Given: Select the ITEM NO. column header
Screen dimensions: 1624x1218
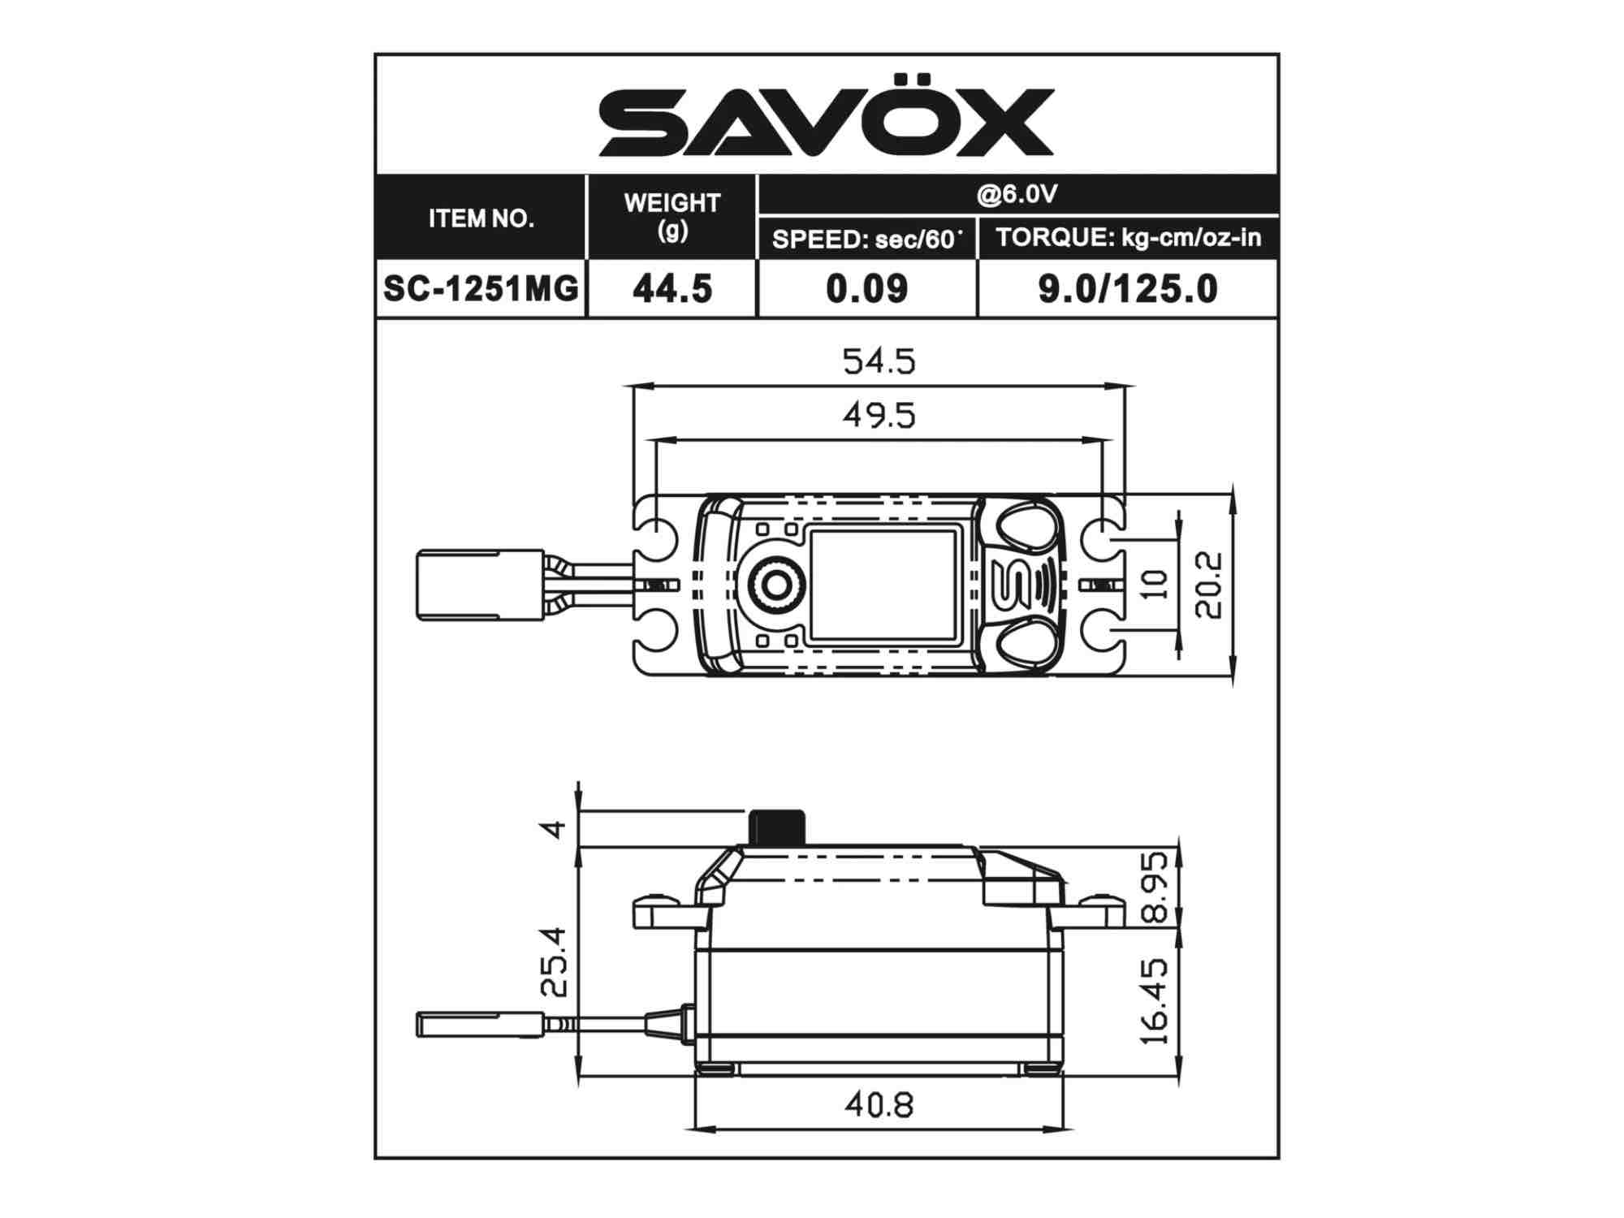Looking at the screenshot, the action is pyautogui.click(x=482, y=218).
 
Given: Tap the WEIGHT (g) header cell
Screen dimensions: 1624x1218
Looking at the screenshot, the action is pyautogui.click(x=672, y=216).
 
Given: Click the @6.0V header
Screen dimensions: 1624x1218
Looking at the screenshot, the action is pyautogui.click(x=1017, y=194).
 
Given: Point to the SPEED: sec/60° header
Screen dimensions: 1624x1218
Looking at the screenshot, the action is pyautogui.click(x=867, y=240).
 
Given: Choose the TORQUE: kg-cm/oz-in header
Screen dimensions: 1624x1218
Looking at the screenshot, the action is pyautogui.click(x=1129, y=237).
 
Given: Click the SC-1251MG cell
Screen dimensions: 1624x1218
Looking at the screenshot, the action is pyautogui.click(x=481, y=288).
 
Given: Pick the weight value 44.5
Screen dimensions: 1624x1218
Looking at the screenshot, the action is pyautogui.click(x=672, y=289).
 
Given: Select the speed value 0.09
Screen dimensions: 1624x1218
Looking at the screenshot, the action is pyautogui.click(x=866, y=289).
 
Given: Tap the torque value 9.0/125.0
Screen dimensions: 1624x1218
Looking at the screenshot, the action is pyautogui.click(x=1128, y=289).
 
